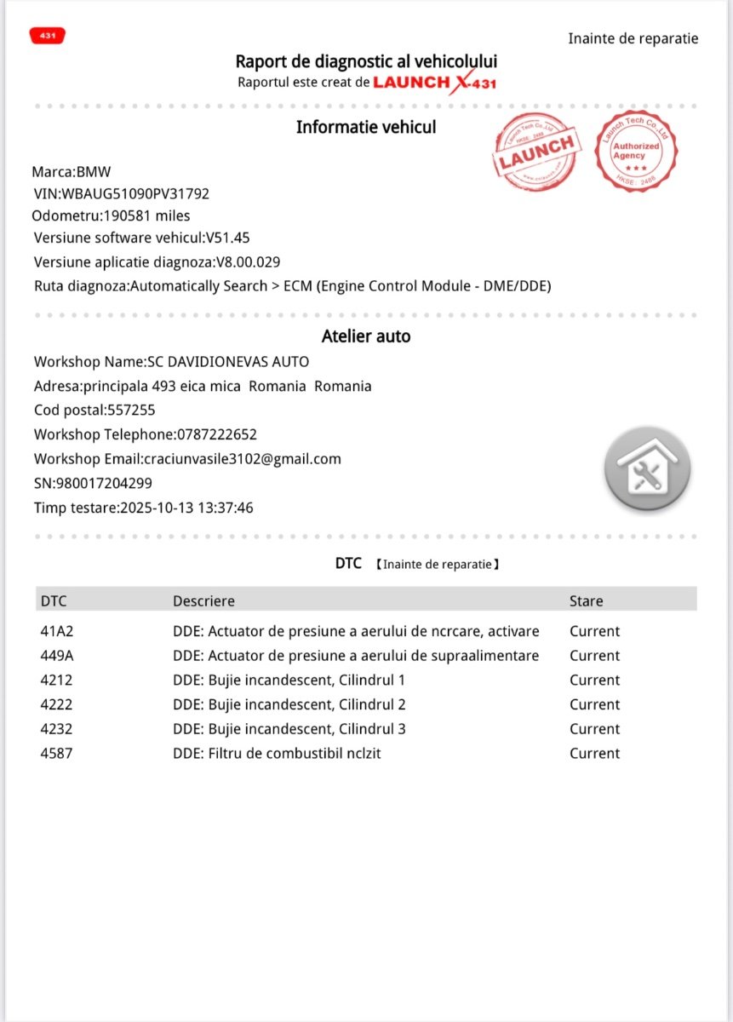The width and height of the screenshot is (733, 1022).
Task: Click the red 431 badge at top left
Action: coord(47,36)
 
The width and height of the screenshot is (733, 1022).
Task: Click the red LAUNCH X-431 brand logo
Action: coord(434,83)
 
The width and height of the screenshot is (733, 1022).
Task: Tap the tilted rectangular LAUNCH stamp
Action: coord(536,152)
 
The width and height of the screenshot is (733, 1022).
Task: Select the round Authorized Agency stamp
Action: coord(636,151)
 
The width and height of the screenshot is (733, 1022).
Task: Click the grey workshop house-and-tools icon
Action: coord(647,468)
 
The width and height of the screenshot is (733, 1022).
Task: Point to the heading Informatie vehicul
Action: coord(366,128)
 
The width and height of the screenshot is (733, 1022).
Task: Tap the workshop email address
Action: coord(242,459)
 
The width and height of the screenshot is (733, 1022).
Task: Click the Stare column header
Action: coord(586,600)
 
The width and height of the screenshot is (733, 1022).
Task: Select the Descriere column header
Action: coord(203,600)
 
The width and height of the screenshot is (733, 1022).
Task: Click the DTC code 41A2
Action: coord(56,631)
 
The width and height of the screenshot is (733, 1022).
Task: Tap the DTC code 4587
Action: coord(56,753)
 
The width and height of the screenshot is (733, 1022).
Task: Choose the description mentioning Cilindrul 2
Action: coord(289,704)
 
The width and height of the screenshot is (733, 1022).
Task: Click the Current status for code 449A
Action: coord(594,656)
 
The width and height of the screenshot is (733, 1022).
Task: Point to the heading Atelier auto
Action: coord(366,336)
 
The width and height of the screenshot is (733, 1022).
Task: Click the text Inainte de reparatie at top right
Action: coord(633,38)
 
